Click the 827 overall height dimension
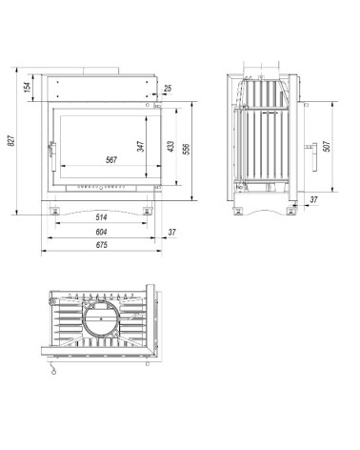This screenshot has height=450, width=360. pos(12,142)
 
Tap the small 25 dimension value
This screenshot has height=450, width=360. pos(169,89)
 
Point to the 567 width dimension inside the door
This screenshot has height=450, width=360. pos(111,160)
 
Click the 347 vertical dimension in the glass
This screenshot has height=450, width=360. pos(140,147)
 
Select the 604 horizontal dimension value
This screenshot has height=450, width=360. pos(101,233)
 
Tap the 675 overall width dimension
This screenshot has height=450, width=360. pos(101,247)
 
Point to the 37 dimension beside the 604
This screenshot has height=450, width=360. pos(171,233)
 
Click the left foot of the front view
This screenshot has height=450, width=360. pos(55,209)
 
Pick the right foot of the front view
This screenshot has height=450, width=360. pos(149,209)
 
